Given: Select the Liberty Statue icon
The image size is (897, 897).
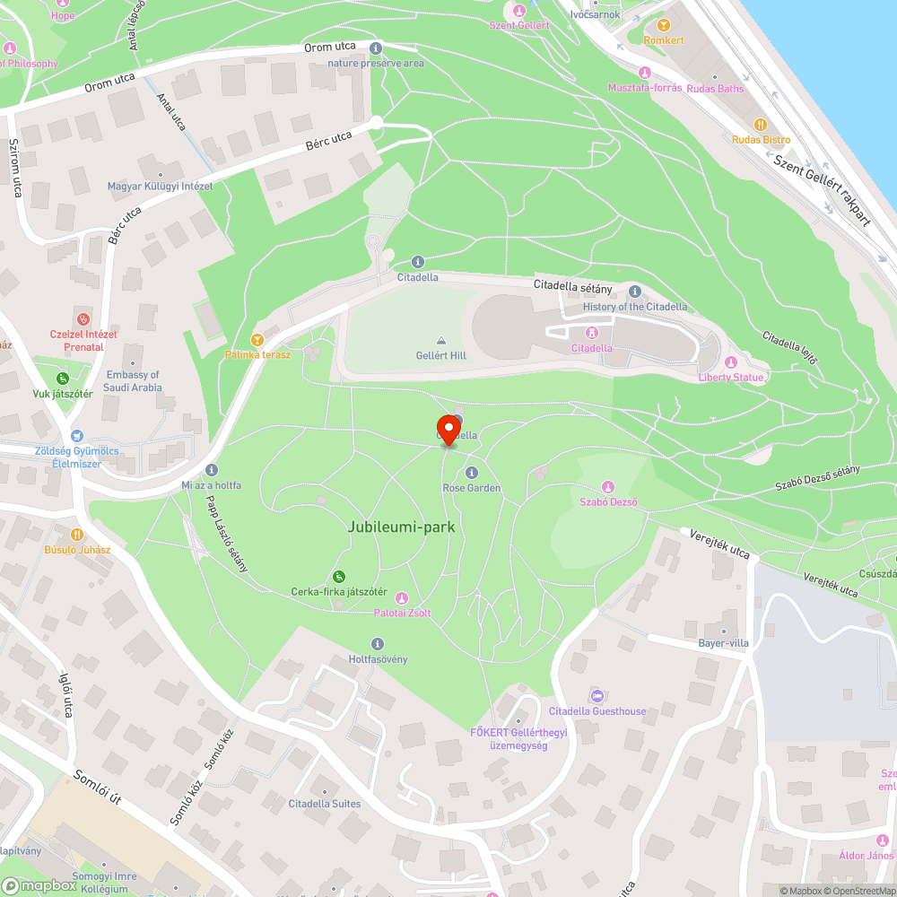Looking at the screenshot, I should [730, 362].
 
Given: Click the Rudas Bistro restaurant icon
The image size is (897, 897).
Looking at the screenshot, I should [761, 125].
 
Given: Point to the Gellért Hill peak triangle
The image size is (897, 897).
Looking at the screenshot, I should [440, 341].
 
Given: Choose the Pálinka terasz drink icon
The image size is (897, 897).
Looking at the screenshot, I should [257, 339].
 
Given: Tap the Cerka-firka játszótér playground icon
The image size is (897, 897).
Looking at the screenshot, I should [338, 576].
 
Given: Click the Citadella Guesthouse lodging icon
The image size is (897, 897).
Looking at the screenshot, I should [597, 696].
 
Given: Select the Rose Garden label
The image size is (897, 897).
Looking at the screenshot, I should [471, 488].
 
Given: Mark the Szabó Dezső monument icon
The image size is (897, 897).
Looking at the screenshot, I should [608, 487].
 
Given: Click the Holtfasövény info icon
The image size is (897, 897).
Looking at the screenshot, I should [377, 644].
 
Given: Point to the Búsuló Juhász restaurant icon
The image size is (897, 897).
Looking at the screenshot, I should [77, 533].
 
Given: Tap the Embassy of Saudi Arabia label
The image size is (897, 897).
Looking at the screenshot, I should [133, 381].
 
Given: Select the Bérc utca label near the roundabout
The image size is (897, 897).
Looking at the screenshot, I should [328, 139].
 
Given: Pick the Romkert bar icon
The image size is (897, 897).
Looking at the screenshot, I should [664, 26].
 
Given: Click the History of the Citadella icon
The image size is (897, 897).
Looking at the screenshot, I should [635, 292].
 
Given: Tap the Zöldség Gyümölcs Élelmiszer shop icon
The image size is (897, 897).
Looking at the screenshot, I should [76, 435].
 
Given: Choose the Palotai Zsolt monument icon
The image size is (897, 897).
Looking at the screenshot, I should [401, 597].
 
